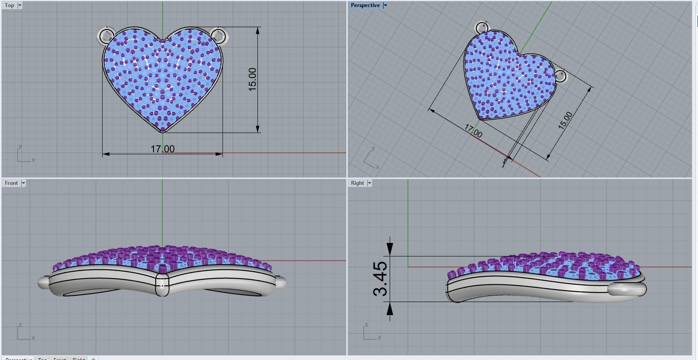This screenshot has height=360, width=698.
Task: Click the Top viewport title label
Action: [9, 5]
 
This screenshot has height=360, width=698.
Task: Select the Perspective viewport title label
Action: [365, 5]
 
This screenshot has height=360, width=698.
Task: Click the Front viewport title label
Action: [11, 183]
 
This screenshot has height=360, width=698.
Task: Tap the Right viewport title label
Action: [357, 183]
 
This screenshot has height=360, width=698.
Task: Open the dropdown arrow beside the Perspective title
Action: [385, 5]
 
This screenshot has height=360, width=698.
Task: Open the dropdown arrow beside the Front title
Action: [23, 183]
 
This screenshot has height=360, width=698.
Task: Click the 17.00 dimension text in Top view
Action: [163, 149]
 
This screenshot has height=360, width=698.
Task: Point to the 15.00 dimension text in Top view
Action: [252, 79]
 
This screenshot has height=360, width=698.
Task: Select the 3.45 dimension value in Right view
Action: [380, 278]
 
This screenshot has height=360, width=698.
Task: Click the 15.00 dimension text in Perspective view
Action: [565, 121]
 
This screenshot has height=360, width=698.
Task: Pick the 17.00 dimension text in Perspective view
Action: [473, 131]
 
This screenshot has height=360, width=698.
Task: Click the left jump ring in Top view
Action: [106, 35]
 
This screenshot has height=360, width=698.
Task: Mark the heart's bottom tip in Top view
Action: [163, 130]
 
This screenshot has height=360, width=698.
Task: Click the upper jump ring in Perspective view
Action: [482, 28]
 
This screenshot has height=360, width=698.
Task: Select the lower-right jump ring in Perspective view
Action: [561, 76]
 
